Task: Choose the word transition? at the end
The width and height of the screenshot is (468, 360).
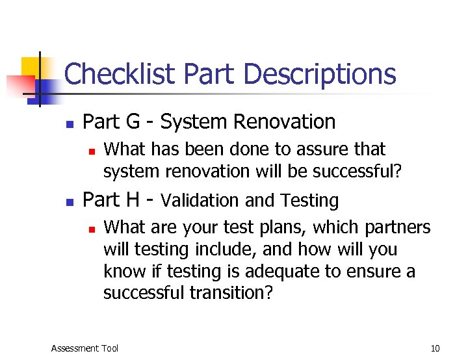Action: click(x=231, y=293)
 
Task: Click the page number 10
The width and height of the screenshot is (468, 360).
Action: click(x=435, y=348)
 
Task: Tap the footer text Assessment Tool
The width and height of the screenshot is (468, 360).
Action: click(x=84, y=348)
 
